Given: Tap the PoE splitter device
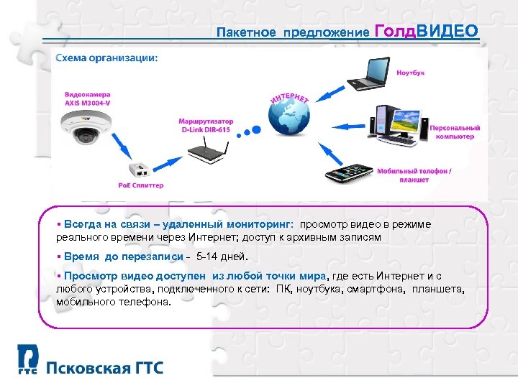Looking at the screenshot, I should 138,170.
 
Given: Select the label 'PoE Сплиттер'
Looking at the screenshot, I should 141,185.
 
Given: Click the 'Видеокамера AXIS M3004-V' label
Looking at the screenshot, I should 84,98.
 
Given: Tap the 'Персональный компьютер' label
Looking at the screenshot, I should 455,131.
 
